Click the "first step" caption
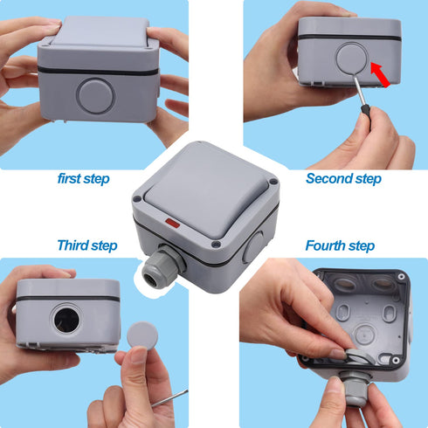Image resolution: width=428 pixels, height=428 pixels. point(84,179)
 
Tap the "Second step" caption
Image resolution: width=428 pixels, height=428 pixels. point(343,178)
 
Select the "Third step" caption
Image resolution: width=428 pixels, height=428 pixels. point(86,245)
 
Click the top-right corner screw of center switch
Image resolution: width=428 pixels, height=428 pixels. point(273,184)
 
